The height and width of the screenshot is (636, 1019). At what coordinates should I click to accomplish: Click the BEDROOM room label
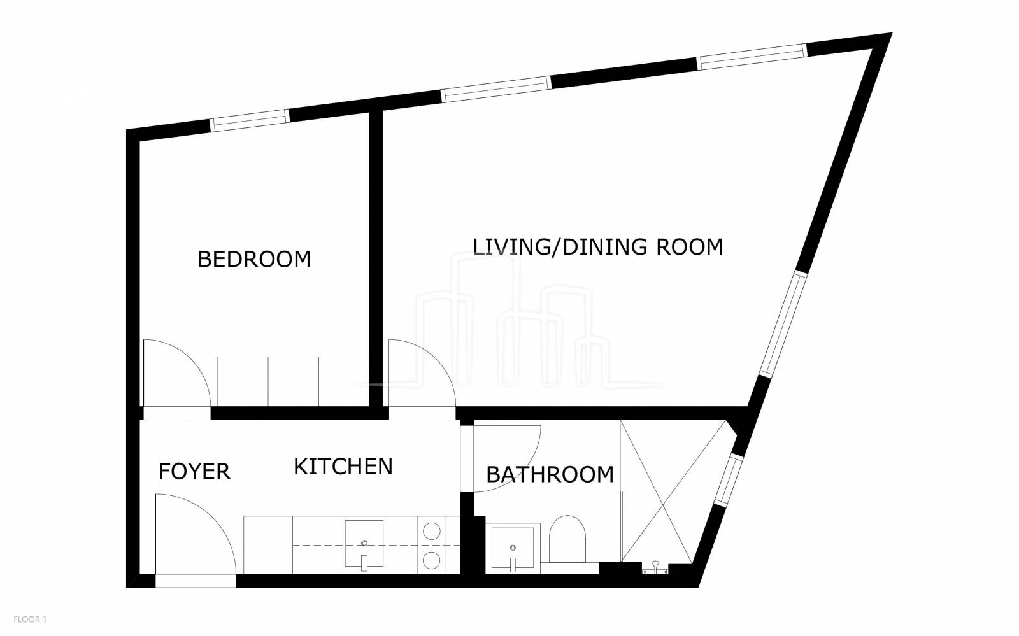(x=254, y=259)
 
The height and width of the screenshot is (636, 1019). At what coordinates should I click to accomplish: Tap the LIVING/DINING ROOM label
(x=598, y=247)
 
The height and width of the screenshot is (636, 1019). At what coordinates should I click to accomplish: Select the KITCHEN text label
(x=343, y=467)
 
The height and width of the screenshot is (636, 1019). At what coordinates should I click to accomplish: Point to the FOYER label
(x=194, y=472)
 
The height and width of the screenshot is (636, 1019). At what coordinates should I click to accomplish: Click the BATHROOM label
(x=550, y=475)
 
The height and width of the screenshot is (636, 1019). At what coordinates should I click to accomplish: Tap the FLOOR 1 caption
(x=30, y=619)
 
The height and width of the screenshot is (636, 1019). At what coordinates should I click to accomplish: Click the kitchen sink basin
(x=364, y=543)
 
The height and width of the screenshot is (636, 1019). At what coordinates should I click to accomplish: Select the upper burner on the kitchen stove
(x=431, y=531)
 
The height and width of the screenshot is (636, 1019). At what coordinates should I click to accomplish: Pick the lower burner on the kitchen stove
(x=431, y=560)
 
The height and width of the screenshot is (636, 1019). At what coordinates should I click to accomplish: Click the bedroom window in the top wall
(x=250, y=120)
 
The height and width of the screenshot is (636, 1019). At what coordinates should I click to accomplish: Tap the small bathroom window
(x=729, y=479)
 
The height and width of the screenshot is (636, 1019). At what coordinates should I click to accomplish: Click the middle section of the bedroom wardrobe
(x=294, y=381)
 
